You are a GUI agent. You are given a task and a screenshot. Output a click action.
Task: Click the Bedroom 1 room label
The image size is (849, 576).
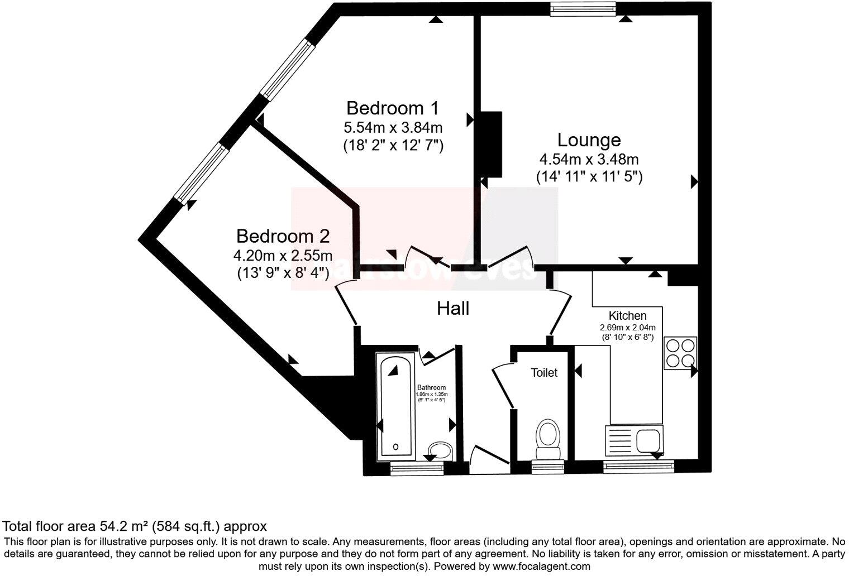click(x=393, y=108)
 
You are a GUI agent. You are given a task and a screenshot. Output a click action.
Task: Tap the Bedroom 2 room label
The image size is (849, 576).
click(x=283, y=236)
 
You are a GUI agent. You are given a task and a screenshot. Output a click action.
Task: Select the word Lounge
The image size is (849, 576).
click(x=589, y=140)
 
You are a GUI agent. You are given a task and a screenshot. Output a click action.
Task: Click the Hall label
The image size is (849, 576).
click(x=453, y=308)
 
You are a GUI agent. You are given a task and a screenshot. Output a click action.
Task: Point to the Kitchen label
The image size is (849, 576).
click(x=627, y=316)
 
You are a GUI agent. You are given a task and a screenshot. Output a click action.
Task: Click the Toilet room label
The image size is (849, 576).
click(x=543, y=372)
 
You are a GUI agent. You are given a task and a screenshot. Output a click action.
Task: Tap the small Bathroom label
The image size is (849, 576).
click(x=432, y=387)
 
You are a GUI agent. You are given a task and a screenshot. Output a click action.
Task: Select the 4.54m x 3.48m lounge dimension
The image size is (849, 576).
click(x=589, y=159)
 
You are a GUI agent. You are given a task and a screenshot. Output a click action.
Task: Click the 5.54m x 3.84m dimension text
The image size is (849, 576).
click(x=393, y=127)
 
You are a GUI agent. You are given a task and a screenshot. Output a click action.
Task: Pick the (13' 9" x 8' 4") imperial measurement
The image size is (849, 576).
click(x=283, y=273)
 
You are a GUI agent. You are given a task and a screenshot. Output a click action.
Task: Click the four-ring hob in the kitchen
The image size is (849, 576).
click(x=680, y=353)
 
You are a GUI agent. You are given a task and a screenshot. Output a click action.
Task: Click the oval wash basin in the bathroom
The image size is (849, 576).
click(x=440, y=450)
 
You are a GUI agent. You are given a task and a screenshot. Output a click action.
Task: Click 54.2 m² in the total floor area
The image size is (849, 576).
click(x=123, y=526)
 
